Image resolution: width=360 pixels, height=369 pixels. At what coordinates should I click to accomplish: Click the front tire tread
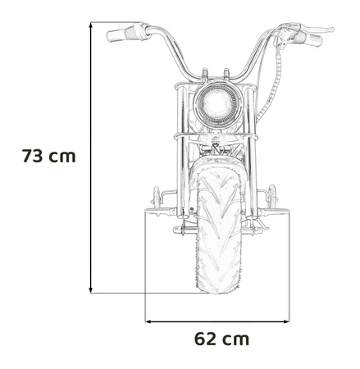coord(218,238)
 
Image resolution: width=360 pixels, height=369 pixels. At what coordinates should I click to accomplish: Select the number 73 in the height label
coord(38,156)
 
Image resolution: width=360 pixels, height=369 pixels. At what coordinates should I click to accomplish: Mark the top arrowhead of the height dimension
coord(91,25)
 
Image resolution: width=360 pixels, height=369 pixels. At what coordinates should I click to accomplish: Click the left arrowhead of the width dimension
coord(149,320)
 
